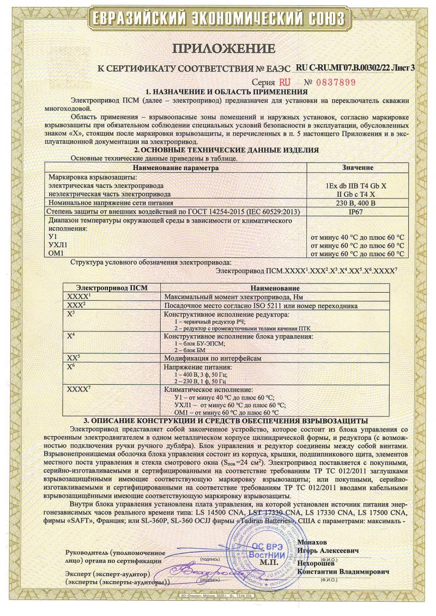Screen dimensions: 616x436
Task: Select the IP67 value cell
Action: point(357,211)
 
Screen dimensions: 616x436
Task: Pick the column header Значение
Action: point(357,167)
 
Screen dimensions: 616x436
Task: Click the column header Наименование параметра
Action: point(175,167)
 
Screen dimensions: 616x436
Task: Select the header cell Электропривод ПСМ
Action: point(112,287)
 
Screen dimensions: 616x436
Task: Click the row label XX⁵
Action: point(73,358)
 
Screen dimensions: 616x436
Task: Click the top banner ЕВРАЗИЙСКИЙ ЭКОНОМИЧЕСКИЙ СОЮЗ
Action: point(218,17)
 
